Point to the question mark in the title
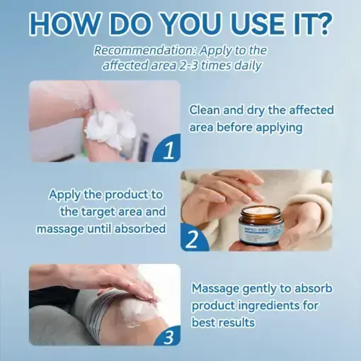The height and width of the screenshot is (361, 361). (x=319, y=23)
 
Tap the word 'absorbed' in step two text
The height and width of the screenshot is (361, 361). (x=142, y=229)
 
